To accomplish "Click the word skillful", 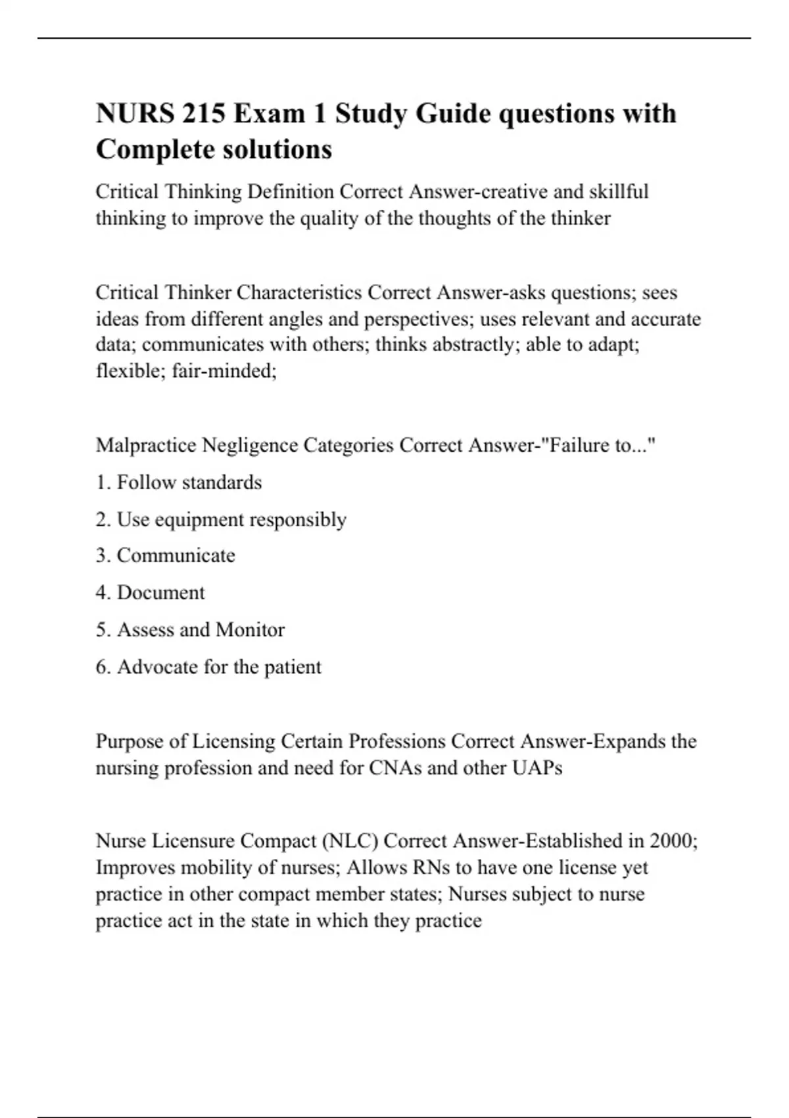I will [619, 191].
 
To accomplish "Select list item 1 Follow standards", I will [179, 483].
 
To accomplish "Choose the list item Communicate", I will [166, 556].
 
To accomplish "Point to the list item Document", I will [151, 593].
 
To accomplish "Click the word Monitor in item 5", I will [250, 630].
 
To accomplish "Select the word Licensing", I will [233, 741].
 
